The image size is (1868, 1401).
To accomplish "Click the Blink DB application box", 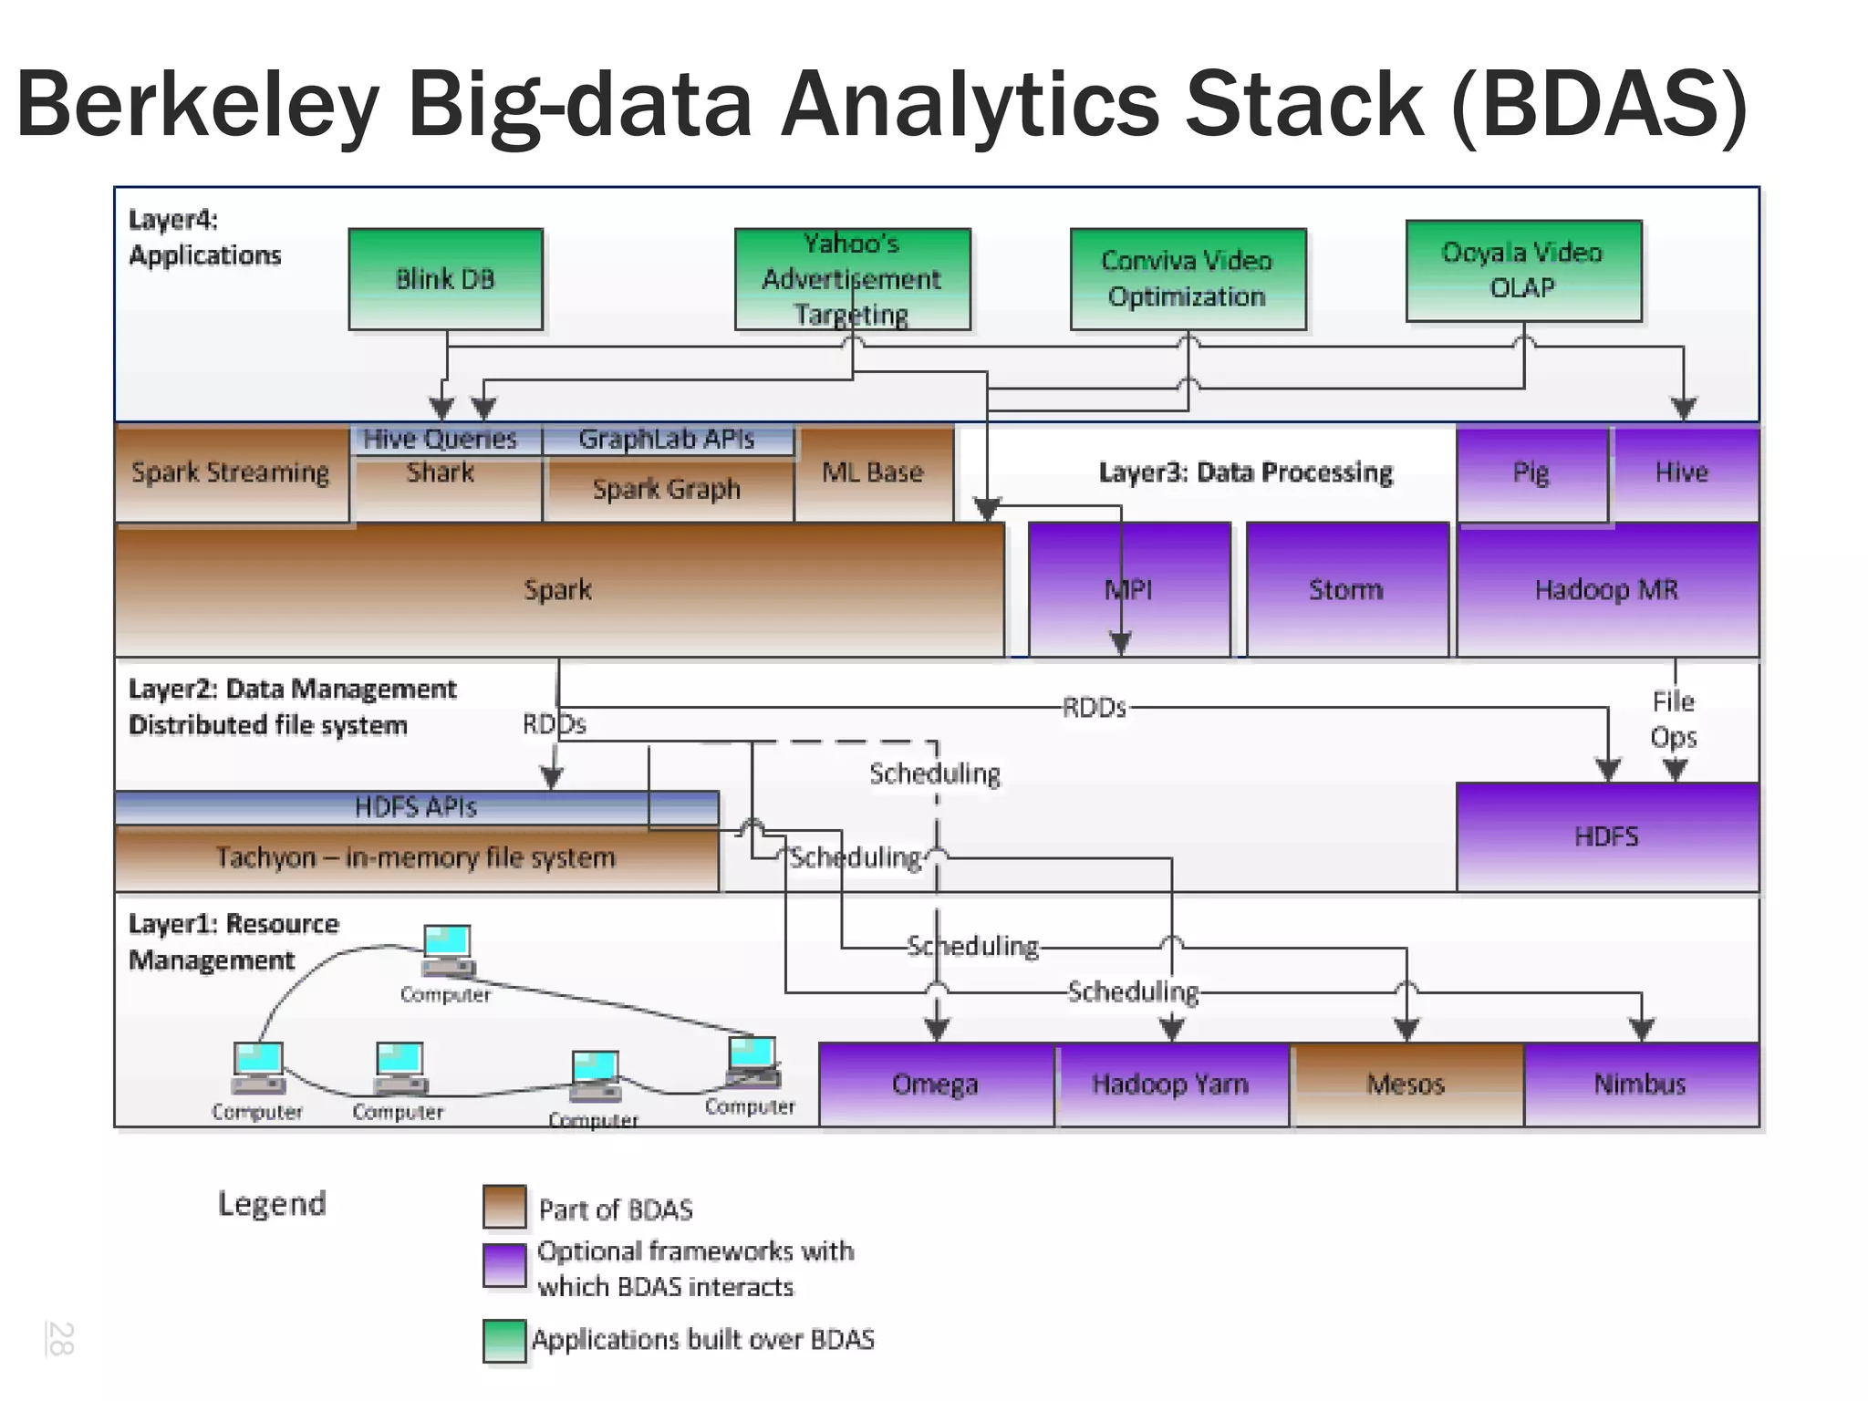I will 445,279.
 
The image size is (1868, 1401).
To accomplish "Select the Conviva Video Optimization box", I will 1188,279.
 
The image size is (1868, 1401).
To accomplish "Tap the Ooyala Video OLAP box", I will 1523,270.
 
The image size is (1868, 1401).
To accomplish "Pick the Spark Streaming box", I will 231,472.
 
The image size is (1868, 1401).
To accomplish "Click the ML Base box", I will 873,472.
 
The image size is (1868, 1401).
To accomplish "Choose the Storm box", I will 1346,589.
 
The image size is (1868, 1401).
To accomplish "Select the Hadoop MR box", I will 1607,589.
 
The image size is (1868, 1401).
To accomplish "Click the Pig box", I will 1531,472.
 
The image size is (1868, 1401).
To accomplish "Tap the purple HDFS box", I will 1607,836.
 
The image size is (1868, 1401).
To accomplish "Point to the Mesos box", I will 1406,1084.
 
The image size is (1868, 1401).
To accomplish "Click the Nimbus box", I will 1640,1084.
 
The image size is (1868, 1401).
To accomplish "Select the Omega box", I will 936,1084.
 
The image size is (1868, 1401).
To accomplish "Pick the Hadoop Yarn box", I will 1171,1084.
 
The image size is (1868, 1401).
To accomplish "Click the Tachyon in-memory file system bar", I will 416,858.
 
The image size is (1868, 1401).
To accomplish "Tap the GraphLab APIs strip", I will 667,440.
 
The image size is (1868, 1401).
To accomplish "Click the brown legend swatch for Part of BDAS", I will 504,1207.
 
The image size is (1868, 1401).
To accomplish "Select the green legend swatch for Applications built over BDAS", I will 504,1341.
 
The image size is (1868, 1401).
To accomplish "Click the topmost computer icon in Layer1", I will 447,949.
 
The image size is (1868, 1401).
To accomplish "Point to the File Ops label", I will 1674,719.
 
